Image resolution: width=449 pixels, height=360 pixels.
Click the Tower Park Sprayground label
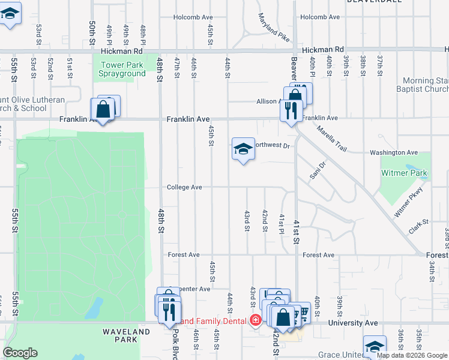point(123,69)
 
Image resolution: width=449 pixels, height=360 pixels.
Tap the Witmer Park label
point(405,173)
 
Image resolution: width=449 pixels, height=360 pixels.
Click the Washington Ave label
point(393,153)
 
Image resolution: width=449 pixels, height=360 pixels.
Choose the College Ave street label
point(184,187)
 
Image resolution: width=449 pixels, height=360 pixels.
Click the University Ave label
point(354,323)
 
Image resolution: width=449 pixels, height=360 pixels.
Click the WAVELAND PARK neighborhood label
point(126,336)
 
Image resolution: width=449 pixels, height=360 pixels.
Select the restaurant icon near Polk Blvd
point(169,310)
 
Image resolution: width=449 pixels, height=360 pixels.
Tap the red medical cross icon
point(255,320)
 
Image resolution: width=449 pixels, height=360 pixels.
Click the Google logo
point(20,353)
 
